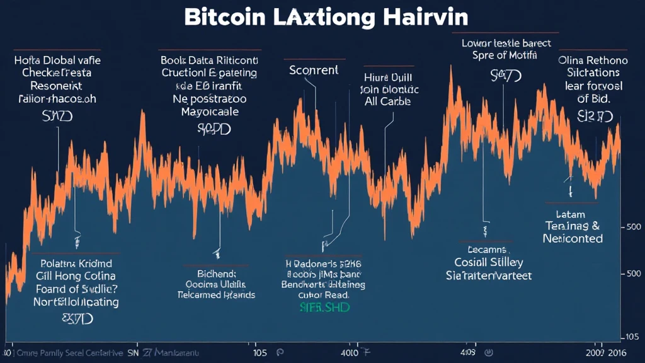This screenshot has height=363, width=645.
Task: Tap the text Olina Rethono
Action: click(593, 60)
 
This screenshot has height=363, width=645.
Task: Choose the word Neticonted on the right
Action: click(573, 239)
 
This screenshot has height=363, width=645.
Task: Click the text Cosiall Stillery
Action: click(489, 262)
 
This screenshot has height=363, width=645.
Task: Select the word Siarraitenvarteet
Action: click(489, 275)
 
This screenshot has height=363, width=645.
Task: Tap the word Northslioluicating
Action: click(76, 302)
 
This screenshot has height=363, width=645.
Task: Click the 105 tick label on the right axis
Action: click(632, 335)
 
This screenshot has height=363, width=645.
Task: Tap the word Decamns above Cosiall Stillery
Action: click(485, 249)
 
